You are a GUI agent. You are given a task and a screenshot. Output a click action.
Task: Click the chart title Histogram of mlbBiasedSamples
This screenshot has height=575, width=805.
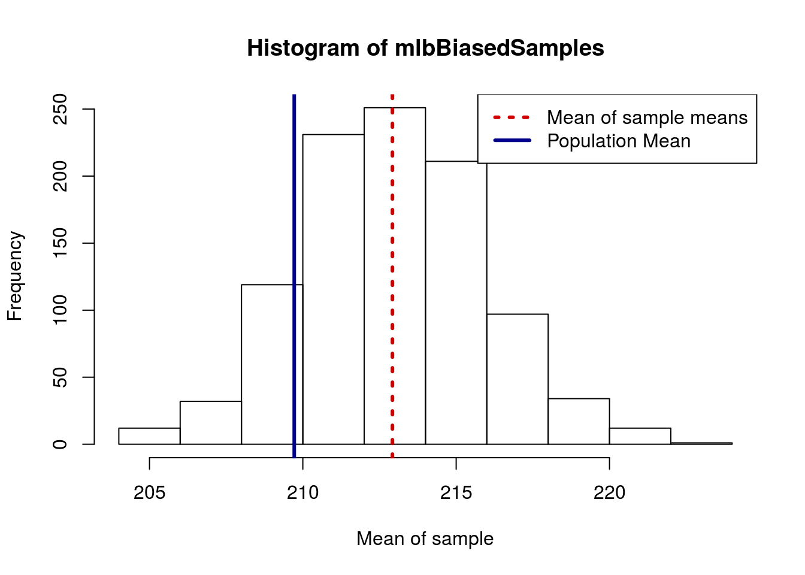point(425,48)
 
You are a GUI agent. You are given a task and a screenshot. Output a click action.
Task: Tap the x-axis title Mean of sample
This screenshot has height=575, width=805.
point(425,538)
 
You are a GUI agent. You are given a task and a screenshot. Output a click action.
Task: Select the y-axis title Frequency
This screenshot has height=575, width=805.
point(14,276)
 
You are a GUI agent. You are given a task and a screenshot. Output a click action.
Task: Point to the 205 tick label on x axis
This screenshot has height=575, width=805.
point(149,493)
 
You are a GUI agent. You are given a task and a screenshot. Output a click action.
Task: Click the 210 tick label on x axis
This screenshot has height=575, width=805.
point(302,493)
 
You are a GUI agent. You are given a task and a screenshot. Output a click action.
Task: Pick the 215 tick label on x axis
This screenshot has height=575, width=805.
point(456,493)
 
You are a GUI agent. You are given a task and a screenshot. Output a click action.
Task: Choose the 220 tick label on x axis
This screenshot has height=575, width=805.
point(609,493)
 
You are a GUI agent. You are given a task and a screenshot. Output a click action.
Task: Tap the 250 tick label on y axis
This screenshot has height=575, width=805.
point(60,109)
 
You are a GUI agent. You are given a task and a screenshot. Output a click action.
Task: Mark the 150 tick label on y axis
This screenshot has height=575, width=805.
point(60,243)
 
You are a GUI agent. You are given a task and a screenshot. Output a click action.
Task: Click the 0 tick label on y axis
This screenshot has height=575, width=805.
point(60,444)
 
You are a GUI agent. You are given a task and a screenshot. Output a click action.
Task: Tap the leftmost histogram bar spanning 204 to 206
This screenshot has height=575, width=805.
point(149,436)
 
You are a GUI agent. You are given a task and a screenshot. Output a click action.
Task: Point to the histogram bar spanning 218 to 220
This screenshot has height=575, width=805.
point(579,422)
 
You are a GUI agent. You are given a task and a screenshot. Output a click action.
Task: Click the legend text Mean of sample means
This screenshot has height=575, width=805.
point(647,117)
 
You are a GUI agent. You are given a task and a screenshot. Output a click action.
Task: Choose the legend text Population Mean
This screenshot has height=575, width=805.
point(619,141)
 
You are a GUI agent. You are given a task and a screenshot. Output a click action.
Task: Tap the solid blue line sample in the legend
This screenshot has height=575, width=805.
point(512,141)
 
